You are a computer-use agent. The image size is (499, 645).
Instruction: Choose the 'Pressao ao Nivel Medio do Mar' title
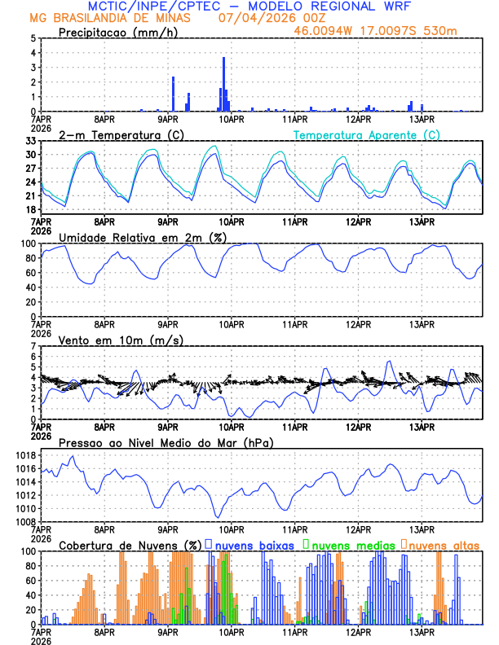[166, 442]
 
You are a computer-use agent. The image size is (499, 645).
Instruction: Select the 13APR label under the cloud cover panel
[421, 632]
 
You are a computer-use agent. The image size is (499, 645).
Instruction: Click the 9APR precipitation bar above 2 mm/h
[173, 94]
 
